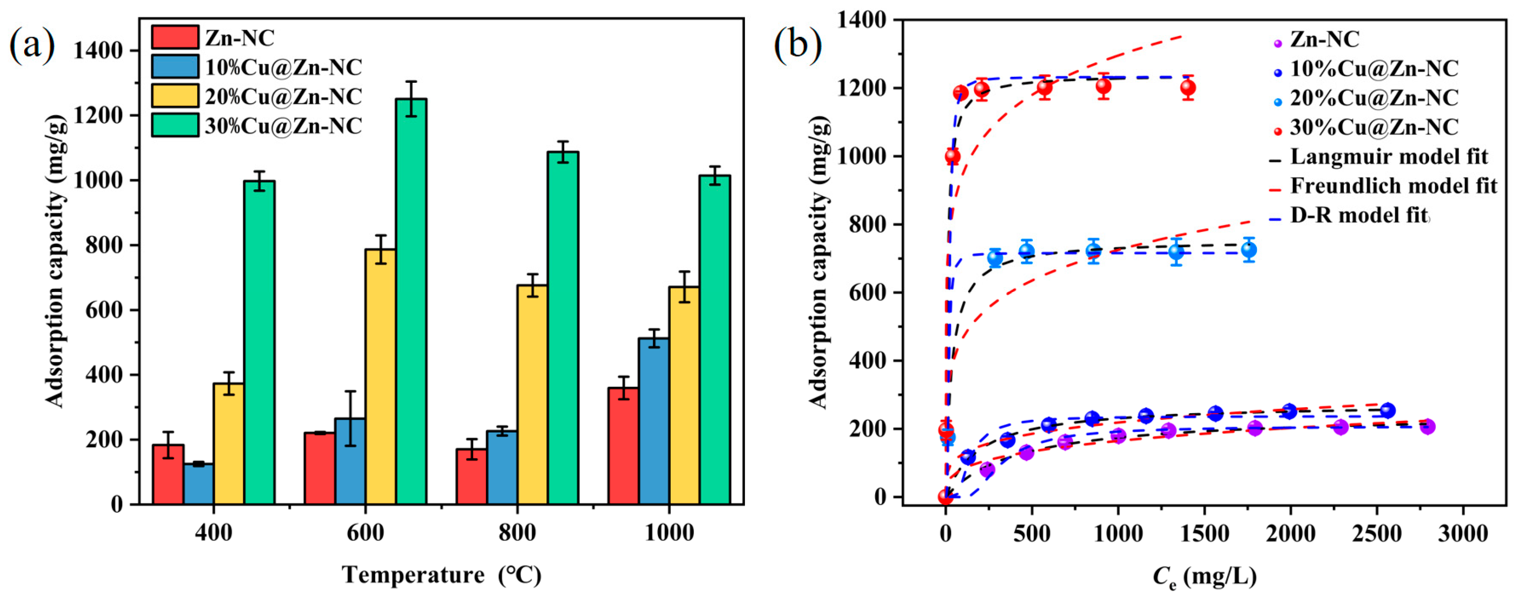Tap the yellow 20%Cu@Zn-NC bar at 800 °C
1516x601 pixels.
532,394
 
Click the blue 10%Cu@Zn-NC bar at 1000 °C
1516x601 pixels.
654,420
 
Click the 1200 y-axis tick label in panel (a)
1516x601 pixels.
98,116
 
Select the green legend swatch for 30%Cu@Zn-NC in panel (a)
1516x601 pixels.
175,125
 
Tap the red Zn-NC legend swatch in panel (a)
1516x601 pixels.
175,37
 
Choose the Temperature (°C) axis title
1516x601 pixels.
441,575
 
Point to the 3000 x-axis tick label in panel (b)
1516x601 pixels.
1462,533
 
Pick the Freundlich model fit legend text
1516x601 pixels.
1393,186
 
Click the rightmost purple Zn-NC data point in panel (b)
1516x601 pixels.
1427,426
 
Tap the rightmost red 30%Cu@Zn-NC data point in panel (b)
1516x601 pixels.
1188,88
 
